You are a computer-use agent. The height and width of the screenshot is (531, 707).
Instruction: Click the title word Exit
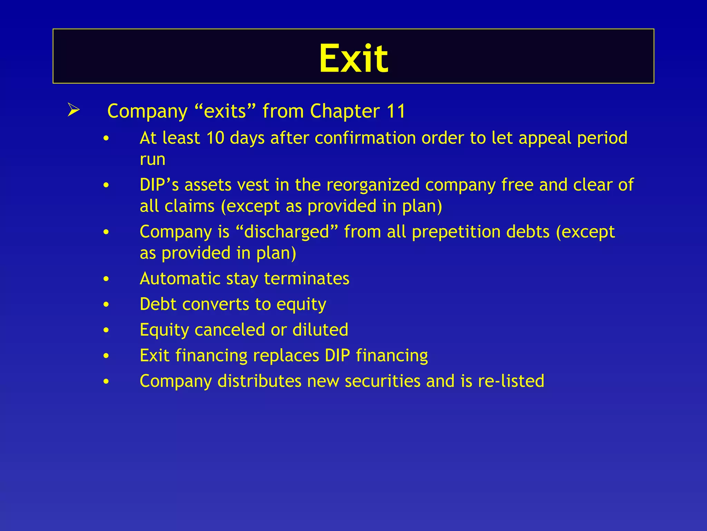[x=353, y=59]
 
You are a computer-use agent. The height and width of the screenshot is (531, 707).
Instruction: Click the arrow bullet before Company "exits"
[x=74, y=111]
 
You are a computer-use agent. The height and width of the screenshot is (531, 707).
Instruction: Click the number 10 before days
[x=215, y=138]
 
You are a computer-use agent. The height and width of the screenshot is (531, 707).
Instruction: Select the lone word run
[x=152, y=160]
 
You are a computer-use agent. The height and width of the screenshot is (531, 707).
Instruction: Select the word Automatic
[x=180, y=279]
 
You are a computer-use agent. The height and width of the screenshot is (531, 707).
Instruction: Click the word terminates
[x=307, y=279]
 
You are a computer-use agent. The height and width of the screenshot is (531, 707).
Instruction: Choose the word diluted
[x=320, y=330]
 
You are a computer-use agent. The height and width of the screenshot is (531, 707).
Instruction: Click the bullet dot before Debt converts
[x=106, y=305]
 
